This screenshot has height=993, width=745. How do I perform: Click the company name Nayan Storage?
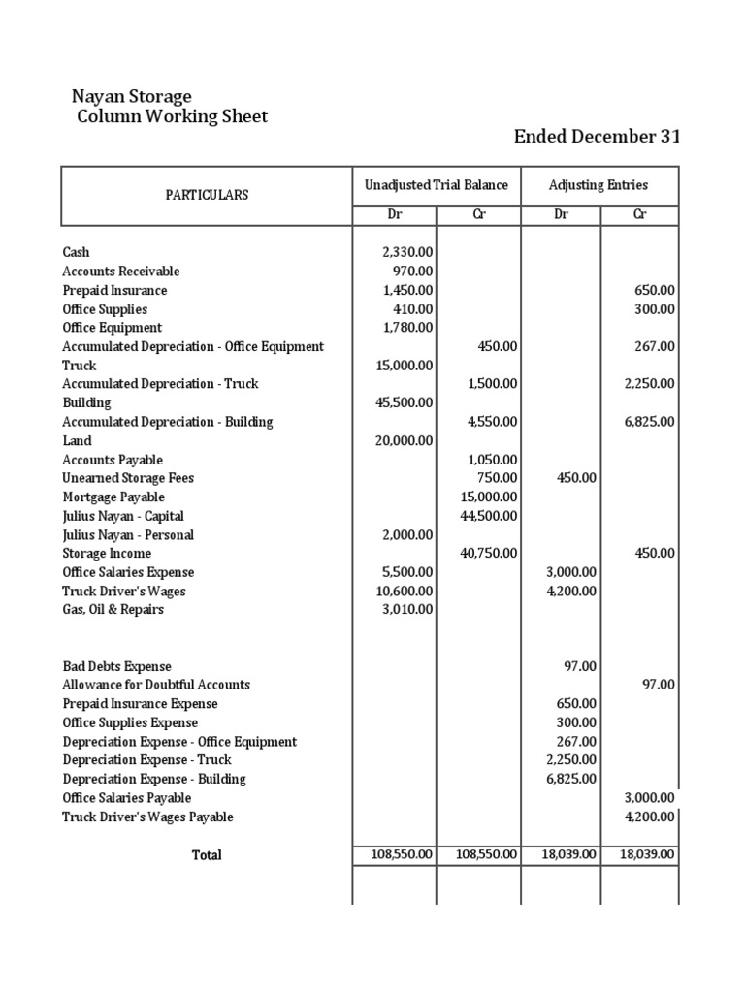pyautogui.click(x=132, y=96)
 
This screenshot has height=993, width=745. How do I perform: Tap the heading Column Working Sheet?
pyautogui.click(x=172, y=116)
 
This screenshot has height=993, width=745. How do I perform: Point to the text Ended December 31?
pyautogui.click(x=597, y=137)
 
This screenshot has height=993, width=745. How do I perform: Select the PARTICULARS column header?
pyautogui.click(x=207, y=195)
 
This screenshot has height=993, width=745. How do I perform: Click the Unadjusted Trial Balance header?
pyautogui.click(x=436, y=185)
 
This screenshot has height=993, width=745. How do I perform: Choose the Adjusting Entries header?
pyautogui.click(x=599, y=185)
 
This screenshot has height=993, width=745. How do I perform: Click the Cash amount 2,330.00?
pyautogui.click(x=407, y=252)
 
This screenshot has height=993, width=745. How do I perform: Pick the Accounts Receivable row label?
pyautogui.click(x=121, y=272)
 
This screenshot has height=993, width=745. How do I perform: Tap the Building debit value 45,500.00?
pyautogui.click(x=404, y=402)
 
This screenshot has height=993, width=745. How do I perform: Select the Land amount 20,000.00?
pyautogui.click(x=404, y=440)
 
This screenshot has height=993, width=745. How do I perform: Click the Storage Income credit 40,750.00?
pyautogui.click(x=488, y=554)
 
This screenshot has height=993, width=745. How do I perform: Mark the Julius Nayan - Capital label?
pyautogui.click(x=123, y=516)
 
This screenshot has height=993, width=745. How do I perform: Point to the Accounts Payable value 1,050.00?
pyautogui.click(x=492, y=460)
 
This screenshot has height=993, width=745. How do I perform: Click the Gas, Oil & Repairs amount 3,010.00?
pyautogui.click(x=407, y=610)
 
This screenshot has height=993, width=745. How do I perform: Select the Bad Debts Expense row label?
pyautogui.click(x=117, y=666)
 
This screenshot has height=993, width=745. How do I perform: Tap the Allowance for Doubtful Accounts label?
pyautogui.click(x=156, y=685)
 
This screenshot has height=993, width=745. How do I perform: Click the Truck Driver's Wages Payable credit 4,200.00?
pyautogui.click(x=649, y=817)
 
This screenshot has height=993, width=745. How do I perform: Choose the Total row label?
pyautogui.click(x=207, y=855)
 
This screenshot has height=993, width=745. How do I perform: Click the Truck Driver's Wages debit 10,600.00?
pyautogui.click(x=404, y=592)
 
